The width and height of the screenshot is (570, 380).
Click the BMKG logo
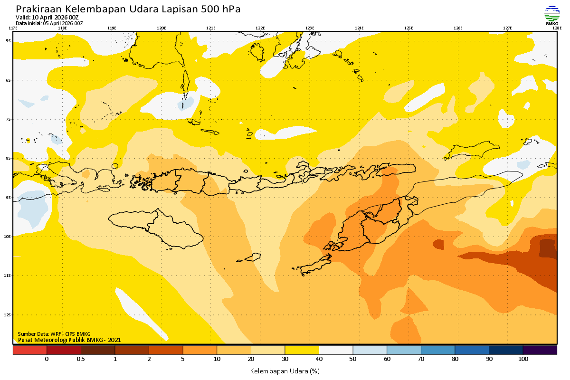click(x=551, y=15)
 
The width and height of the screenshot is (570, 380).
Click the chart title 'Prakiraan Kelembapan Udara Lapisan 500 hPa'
click(x=128, y=9)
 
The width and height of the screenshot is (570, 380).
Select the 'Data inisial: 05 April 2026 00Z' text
click(x=49, y=23)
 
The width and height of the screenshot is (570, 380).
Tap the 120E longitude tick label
click(x=161, y=28)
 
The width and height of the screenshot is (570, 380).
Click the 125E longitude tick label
click(x=408, y=28)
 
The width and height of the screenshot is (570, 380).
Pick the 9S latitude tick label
click(x=9, y=197)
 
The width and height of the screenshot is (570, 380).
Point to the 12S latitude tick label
click(x=8, y=314)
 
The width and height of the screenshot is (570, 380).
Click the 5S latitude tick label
click(x=9, y=41)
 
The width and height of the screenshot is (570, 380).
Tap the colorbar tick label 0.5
click(x=81, y=359)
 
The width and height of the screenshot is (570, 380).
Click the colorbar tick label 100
click(x=523, y=359)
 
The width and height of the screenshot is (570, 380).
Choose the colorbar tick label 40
click(x=319, y=359)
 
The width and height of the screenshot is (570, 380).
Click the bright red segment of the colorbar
click(x=29, y=350)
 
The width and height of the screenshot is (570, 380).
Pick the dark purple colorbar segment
click(x=540, y=350)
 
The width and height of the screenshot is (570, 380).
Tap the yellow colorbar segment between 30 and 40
click(x=302, y=350)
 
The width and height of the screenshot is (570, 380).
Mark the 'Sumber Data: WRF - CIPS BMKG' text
click(x=54, y=334)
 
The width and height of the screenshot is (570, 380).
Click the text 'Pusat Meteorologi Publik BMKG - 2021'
click(x=69, y=340)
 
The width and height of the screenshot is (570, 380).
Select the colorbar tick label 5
click(x=183, y=359)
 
